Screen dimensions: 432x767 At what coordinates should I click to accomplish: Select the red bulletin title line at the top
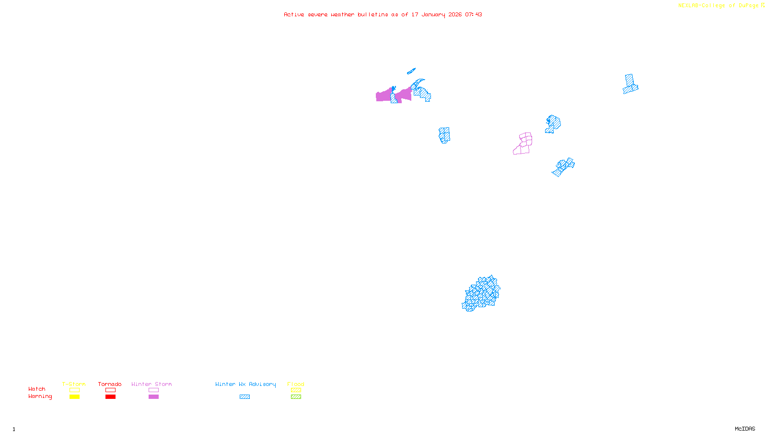[383, 15]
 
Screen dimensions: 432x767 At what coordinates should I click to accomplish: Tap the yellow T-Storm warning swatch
[74, 397]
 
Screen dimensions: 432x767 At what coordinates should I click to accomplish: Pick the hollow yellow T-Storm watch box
[74, 390]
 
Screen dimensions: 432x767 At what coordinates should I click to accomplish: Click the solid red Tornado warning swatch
[110, 397]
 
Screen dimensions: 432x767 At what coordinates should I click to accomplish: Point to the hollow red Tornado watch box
[110, 390]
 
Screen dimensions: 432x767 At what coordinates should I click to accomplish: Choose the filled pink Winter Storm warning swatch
[153, 397]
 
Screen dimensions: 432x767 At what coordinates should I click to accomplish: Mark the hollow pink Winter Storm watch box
[153, 390]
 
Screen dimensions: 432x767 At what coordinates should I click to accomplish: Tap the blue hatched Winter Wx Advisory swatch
[244, 397]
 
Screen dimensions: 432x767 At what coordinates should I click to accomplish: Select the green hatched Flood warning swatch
[296, 397]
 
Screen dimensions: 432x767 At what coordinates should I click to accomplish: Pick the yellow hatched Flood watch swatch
[296, 390]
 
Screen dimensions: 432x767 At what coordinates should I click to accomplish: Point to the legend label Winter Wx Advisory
[245, 384]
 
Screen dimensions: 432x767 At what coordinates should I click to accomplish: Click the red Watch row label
[37, 389]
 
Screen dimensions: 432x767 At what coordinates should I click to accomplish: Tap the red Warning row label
[40, 396]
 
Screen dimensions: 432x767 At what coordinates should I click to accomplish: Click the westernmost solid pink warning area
[383, 96]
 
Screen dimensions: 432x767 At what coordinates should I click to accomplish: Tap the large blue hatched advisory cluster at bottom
[481, 293]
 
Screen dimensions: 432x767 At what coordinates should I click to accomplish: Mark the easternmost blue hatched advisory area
[630, 84]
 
